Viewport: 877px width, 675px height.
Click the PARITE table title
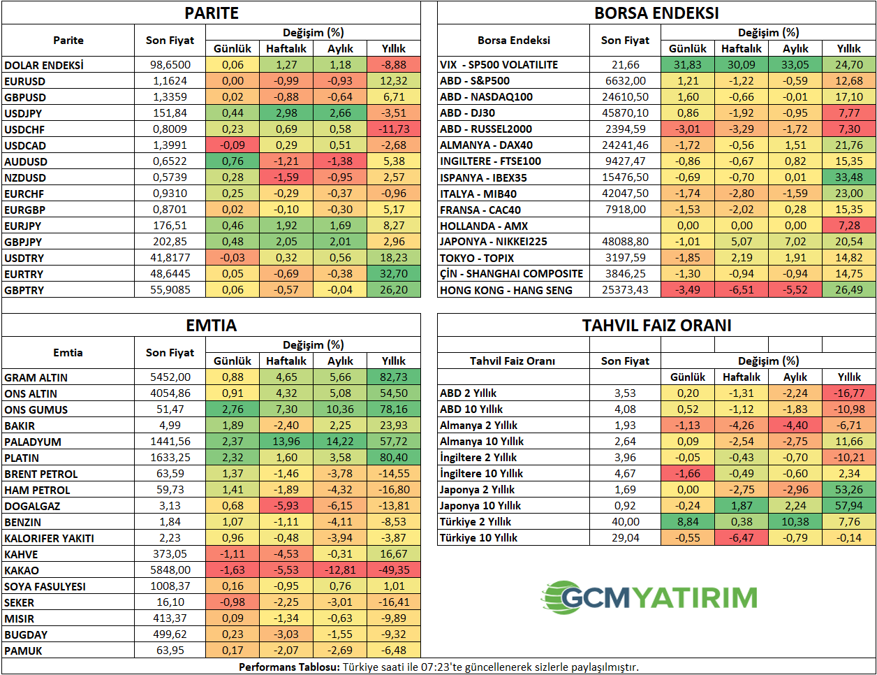pyautogui.click(x=212, y=13)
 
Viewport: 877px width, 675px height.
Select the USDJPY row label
pyautogui.click(x=23, y=113)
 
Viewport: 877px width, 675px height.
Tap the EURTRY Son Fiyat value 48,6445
pyautogui.click(x=170, y=274)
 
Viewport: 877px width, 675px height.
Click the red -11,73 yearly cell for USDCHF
pyautogui.click(x=394, y=129)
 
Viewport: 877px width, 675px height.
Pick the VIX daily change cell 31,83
pyautogui.click(x=688, y=65)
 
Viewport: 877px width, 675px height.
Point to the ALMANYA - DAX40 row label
pyautogui.click(x=486, y=145)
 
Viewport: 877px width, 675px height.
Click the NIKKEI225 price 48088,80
pyautogui.click(x=625, y=242)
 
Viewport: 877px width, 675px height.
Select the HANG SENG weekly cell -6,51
pyautogui.click(x=742, y=290)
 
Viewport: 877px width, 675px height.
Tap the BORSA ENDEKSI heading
pyautogui.click(x=656, y=13)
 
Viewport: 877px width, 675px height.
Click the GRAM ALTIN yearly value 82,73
pyautogui.click(x=394, y=377)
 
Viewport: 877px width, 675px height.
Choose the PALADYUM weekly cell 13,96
pyautogui.click(x=286, y=442)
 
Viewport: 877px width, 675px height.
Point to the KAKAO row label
pyautogui.click(x=22, y=570)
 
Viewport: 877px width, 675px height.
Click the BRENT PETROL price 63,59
pyautogui.click(x=170, y=474)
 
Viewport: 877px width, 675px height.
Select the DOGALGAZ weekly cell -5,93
pyautogui.click(x=286, y=506)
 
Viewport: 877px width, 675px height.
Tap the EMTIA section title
pyautogui.click(x=212, y=326)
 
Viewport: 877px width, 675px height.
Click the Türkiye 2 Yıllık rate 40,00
pyautogui.click(x=625, y=522)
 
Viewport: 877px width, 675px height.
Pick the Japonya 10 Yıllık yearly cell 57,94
pyautogui.click(x=849, y=506)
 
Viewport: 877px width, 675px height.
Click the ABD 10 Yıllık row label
pyautogui.click(x=471, y=409)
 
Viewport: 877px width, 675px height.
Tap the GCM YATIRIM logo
pyautogui.click(x=649, y=597)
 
